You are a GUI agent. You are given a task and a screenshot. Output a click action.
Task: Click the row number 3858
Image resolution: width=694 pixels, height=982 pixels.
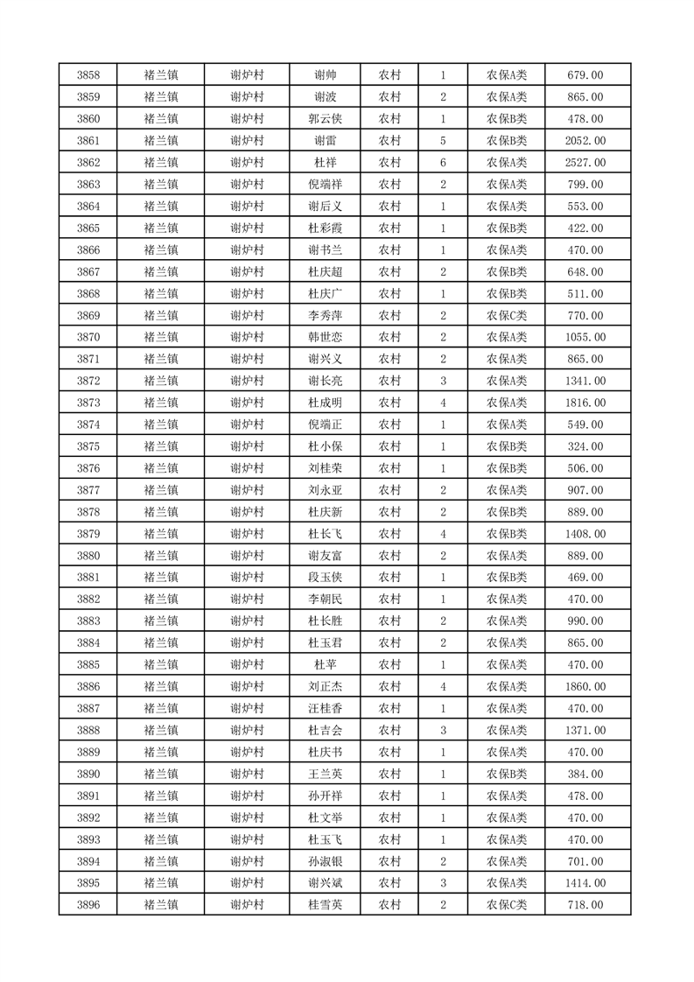coord(88,75)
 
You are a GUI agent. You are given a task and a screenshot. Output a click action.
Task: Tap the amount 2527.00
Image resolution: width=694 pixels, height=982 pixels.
coord(585,163)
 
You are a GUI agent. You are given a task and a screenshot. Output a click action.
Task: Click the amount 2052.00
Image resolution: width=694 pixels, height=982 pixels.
coord(585,141)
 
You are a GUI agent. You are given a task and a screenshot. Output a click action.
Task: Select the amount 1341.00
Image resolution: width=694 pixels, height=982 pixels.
coord(585,381)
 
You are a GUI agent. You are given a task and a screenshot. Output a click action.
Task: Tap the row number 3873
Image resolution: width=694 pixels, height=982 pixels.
coord(88,403)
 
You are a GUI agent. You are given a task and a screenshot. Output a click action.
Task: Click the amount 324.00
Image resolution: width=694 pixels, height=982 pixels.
coord(585,446)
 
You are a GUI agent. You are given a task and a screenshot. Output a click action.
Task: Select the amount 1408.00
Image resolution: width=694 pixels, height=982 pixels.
coord(585,534)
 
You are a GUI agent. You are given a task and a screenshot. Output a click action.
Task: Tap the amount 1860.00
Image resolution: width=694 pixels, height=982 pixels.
coord(585,687)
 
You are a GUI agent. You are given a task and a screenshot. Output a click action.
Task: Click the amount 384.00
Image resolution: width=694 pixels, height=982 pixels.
coord(585,774)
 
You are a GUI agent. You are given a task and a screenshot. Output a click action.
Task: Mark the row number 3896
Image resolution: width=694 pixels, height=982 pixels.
coord(88,905)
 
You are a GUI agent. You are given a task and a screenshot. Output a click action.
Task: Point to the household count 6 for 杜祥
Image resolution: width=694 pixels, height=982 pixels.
coord(444,163)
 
